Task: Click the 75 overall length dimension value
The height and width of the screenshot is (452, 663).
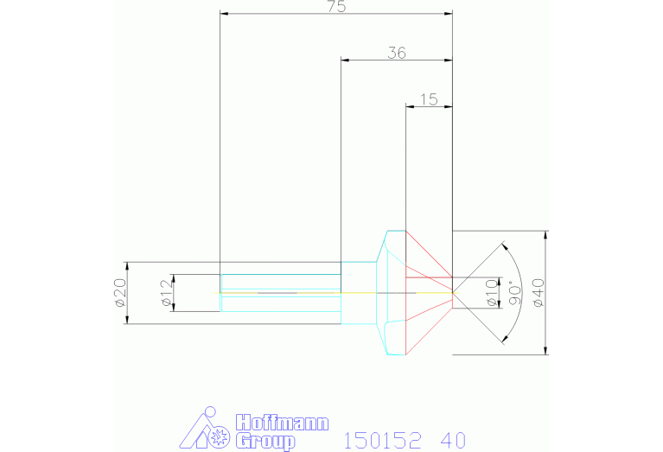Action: [x=337, y=6]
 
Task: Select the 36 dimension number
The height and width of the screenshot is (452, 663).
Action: [x=397, y=53]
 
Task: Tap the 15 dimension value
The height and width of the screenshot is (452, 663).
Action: [x=429, y=99]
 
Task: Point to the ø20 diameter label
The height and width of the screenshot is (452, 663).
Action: [x=120, y=292]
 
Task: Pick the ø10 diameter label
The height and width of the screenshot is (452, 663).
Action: [x=492, y=292]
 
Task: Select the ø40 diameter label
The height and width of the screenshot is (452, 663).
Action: [x=539, y=292]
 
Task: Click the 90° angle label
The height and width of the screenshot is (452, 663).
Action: [x=515, y=293]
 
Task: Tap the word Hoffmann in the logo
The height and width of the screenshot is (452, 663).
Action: [x=282, y=423]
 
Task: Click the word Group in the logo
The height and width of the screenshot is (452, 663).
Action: [x=265, y=442]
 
